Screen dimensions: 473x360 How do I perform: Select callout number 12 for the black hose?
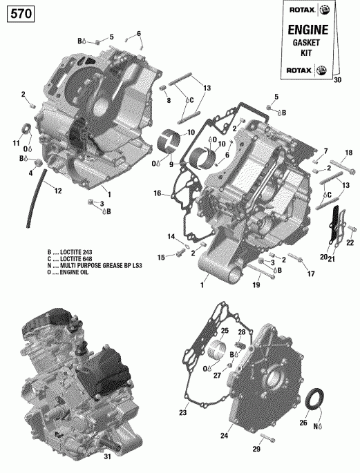click(x=57, y=191)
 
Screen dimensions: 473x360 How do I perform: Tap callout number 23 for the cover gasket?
click(x=183, y=413)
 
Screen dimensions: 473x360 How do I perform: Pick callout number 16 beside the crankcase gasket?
click(x=158, y=194)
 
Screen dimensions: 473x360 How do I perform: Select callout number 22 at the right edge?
click(x=350, y=242)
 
